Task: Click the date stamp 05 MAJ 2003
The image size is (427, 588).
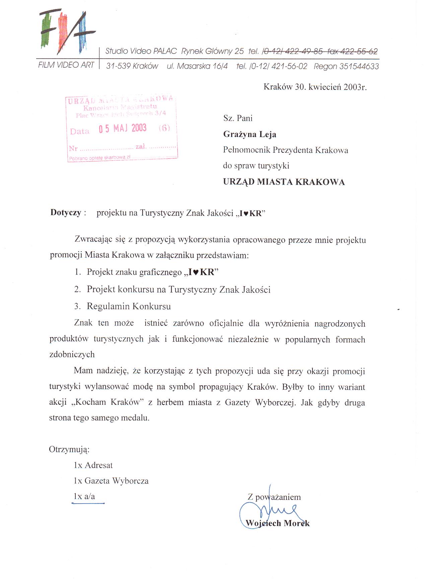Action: [x=123, y=128]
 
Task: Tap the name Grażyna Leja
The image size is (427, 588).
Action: [x=250, y=134]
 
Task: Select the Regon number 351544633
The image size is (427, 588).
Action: [x=359, y=66]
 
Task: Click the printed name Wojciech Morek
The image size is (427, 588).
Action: [x=278, y=523]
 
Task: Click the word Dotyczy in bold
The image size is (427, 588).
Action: [x=66, y=213]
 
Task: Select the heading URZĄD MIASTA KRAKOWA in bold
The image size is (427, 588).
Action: [x=284, y=182]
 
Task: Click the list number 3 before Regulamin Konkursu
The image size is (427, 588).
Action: [x=77, y=306]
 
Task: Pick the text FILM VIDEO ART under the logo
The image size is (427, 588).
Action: [x=66, y=65]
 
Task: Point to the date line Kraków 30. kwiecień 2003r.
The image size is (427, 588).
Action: [x=315, y=87]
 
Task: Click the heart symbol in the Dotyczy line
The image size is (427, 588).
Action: [x=245, y=214]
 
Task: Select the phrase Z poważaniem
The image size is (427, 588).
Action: [x=274, y=497]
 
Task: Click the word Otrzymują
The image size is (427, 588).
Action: [x=69, y=449]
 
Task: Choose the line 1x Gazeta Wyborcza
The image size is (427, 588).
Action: [x=111, y=481]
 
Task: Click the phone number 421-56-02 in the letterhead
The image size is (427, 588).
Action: [x=289, y=66]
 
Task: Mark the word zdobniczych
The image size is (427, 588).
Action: [x=72, y=354]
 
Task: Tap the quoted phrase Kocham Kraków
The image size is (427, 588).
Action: [x=108, y=402]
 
